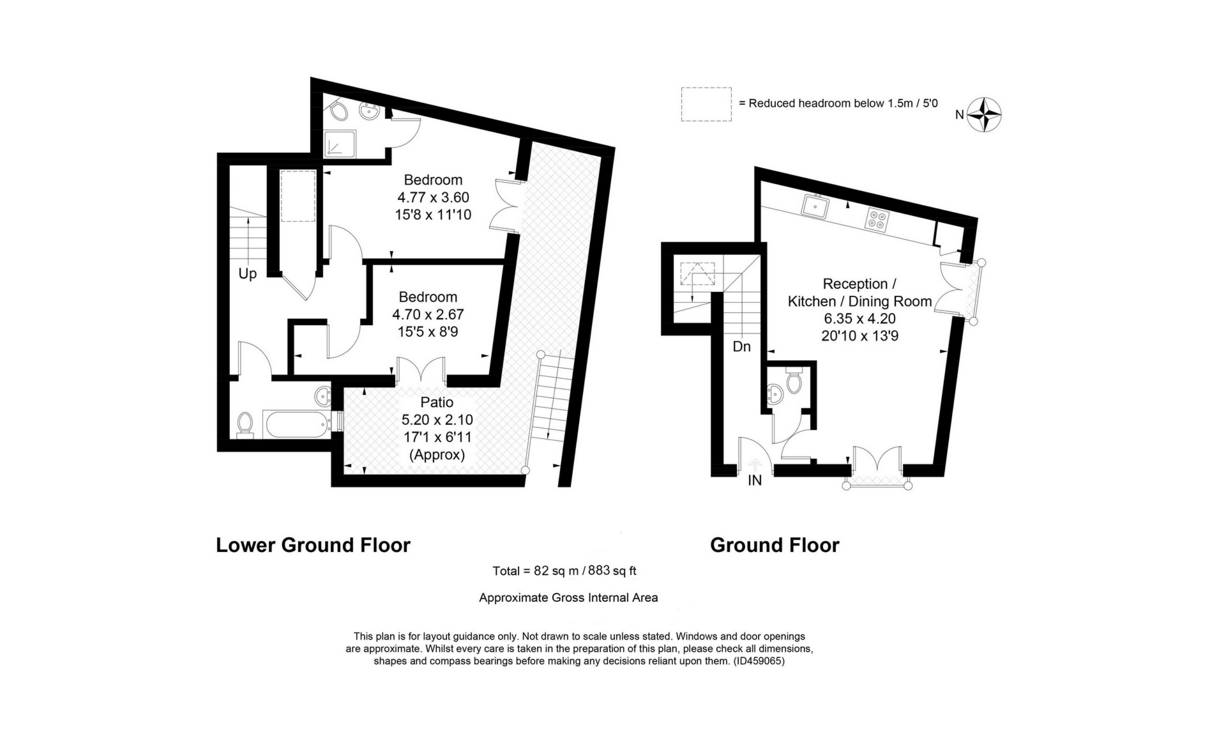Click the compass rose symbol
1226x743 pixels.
[x=984, y=115]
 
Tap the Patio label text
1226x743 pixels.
[x=437, y=402]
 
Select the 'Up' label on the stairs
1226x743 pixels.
[x=247, y=274]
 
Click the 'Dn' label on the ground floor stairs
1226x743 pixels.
[x=741, y=347]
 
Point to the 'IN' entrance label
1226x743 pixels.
[x=755, y=480]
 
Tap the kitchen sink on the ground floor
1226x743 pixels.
[x=816, y=206]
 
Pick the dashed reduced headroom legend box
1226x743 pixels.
[x=706, y=104]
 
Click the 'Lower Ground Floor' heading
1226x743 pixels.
[x=313, y=545]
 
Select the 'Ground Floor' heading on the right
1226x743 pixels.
[x=775, y=545]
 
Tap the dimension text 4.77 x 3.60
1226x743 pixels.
[x=432, y=197]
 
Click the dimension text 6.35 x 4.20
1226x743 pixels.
[x=859, y=318]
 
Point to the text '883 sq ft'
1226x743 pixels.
[x=612, y=571]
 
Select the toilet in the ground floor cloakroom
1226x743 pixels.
[x=794, y=382]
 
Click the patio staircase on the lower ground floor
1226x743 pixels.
[x=549, y=396]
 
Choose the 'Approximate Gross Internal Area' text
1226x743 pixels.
[x=568, y=598]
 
